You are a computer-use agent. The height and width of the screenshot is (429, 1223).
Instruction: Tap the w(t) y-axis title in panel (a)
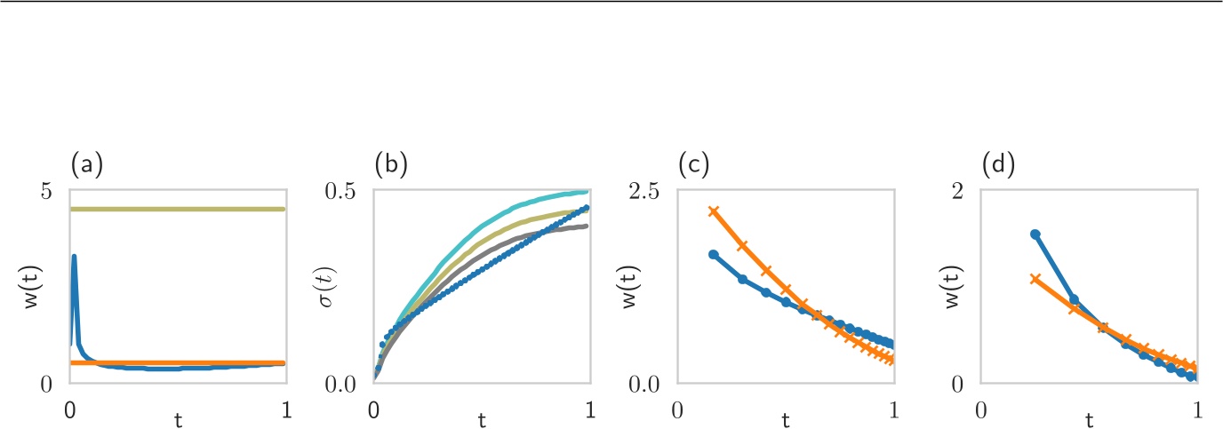(x=34, y=287)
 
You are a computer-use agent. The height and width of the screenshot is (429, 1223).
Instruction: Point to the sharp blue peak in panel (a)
(x=75, y=257)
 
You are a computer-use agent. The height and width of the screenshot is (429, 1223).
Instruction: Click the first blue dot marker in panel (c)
(x=713, y=254)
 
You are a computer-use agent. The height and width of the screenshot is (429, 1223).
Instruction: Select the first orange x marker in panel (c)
(x=713, y=211)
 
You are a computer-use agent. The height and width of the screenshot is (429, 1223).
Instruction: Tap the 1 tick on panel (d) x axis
(x=1196, y=410)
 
